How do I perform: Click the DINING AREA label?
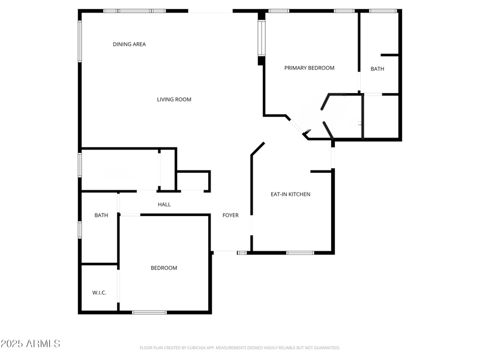pyautogui.click(x=129, y=44)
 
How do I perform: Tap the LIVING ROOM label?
pyautogui.click(x=174, y=100)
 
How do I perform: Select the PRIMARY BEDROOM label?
pyautogui.click(x=309, y=68)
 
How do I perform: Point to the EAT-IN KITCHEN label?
pyautogui.click(x=290, y=194)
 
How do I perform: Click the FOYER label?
pyautogui.click(x=230, y=215)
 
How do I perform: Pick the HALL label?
pyautogui.click(x=164, y=205)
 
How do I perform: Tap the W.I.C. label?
pyautogui.click(x=99, y=293)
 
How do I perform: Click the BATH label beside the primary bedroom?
pyautogui.click(x=377, y=69)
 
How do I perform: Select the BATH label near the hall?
pyautogui.click(x=101, y=215)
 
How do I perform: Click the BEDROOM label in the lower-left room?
pyautogui.click(x=164, y=268)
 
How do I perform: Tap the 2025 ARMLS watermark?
pyautogui.click(x=31, y=344)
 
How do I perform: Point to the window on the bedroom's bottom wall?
pyautogui.click(x=149, y=312)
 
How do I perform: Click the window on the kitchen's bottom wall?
pyautogui.click(x=299, y=253)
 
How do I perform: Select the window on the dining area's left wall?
pyautogui.click(x=79, y=41)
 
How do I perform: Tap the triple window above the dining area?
pyautogui.click(x=134, y=11)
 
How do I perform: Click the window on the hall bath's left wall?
pyautogui.click(x=79, y=230)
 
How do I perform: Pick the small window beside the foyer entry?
pyautogui.click(x=242, y=253)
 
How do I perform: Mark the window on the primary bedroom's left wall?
pyautogui.click(x=261, y=38)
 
